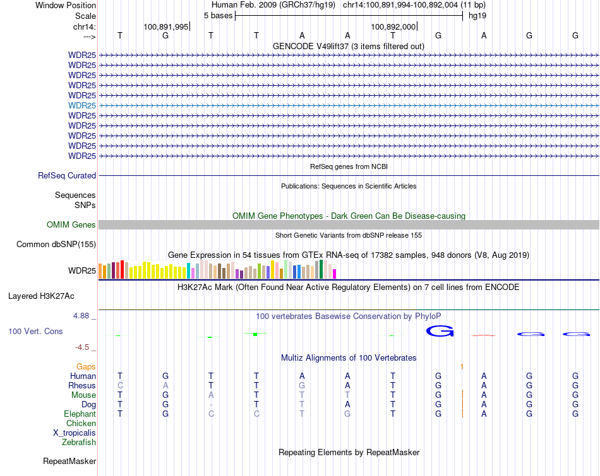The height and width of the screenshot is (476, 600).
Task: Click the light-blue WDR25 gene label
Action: tap(82, 105)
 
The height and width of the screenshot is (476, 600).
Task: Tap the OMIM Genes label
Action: tap(71, 225)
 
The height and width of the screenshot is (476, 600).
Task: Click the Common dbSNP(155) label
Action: tap(56, 245)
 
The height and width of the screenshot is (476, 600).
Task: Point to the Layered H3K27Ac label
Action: tap(41, 296)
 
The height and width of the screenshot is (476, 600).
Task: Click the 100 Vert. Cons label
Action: tap(35, 331)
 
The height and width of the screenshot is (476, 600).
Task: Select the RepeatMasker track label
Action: tap(69, 461)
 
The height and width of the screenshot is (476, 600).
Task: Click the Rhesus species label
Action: tap(82, 386)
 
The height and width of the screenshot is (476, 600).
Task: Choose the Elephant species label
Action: tap(80, 414)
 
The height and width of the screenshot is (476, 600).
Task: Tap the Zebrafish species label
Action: tap(79, 443)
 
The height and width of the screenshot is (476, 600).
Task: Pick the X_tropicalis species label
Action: tap(75, 433)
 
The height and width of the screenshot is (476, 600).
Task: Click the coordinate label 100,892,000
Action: tap(393, 26)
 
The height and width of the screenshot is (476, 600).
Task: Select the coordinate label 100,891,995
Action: tap(166, 26)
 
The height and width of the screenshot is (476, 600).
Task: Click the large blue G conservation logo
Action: tap(440, 330)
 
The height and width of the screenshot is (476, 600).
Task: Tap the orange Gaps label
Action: tap(86, 366)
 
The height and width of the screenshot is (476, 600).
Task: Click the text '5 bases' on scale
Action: tap(218, 15)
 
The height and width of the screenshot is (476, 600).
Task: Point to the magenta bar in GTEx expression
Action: tap(335, 274)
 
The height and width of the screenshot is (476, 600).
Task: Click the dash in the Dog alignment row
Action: tap(211, 405)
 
